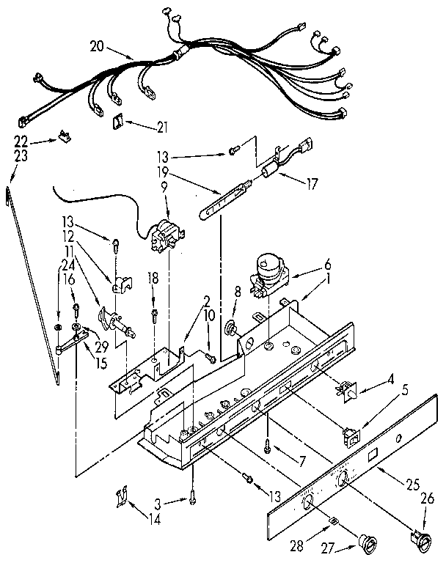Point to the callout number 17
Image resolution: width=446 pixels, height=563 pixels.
click(312, 185)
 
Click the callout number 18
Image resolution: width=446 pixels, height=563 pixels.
click(153, 279)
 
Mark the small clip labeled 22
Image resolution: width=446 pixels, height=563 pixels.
click(65, 136)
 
